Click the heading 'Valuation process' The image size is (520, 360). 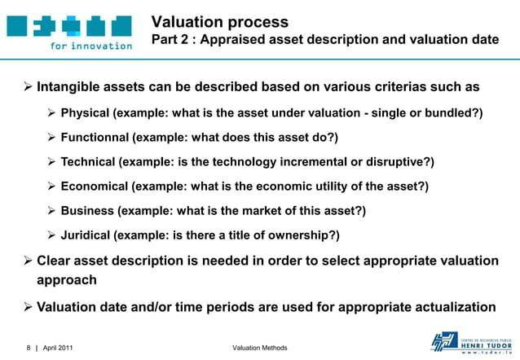point(220,22)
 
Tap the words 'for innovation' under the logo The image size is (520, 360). point(90,46)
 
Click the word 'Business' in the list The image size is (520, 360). point(87,211)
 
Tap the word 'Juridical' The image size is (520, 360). point(86,236)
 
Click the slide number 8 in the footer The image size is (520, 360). point(28,348)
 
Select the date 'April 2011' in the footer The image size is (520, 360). point(57,348)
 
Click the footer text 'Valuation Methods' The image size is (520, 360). point(260,348)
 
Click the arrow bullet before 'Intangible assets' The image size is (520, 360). point(26,86)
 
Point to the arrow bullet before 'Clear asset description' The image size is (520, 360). point(26,261)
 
